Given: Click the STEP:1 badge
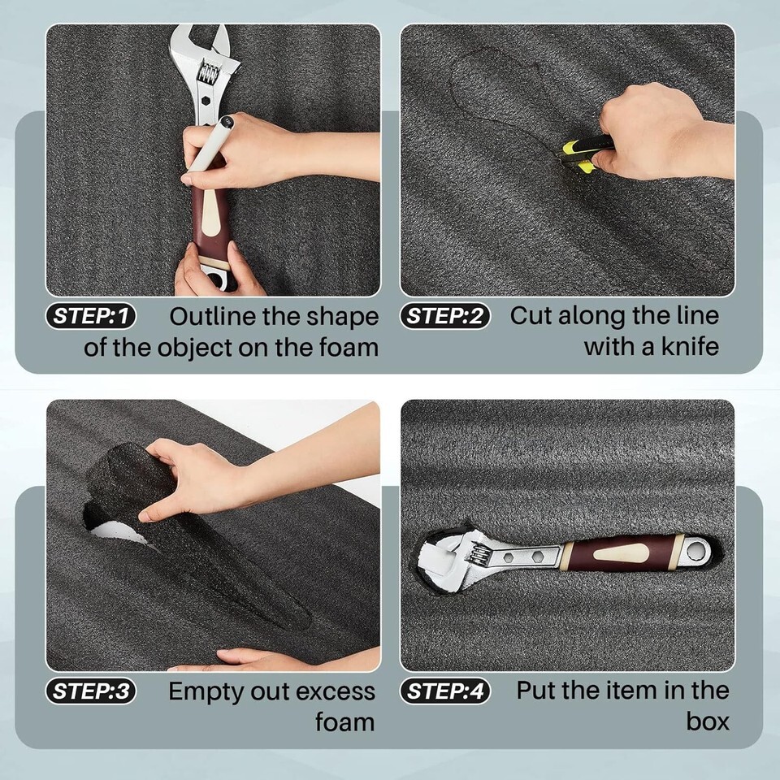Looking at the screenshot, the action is coord(90,316).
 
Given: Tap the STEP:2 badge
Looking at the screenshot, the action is coord(445,316).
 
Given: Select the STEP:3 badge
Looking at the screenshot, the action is coord(90,691).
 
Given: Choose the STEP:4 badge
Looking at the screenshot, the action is coord(445,691).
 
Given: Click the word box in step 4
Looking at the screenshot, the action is coord(708,721).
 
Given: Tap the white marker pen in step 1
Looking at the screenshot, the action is coord(209,149).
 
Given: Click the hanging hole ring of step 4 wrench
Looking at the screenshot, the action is coord(696,550).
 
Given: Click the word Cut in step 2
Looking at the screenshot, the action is coord(531,316).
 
